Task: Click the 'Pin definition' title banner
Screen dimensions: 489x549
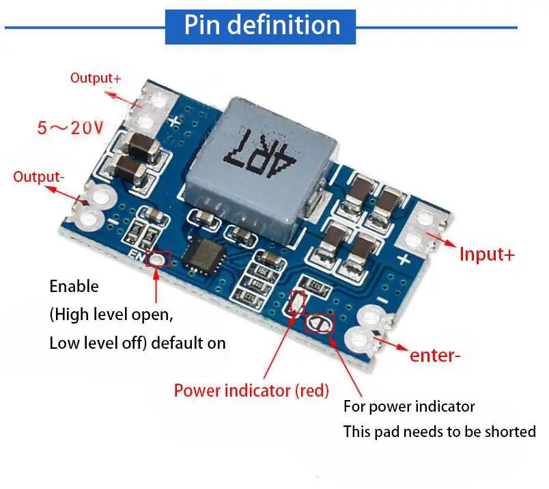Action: tap(262, 25)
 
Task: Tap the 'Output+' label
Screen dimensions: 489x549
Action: tap(96, 78)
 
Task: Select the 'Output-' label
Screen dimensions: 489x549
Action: tap(39, 176)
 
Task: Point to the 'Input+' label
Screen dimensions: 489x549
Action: tap(486, 254)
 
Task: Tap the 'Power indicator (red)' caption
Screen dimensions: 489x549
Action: tap(251, 391)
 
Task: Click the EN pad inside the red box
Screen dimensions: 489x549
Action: tap(158, 259)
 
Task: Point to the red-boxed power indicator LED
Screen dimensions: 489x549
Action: tap(297, 302)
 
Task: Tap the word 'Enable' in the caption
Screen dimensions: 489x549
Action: tap(74, 286)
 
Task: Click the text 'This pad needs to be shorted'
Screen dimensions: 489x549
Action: tap(439, 432)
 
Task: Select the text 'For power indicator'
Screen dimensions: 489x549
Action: tap(408, 406)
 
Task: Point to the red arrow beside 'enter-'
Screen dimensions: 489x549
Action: tap(390, 342)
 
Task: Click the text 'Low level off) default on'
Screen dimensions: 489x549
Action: tap(137, 343)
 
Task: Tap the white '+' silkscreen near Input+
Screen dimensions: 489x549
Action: tap(403, 260)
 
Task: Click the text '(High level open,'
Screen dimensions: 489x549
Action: tap(111, 315)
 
